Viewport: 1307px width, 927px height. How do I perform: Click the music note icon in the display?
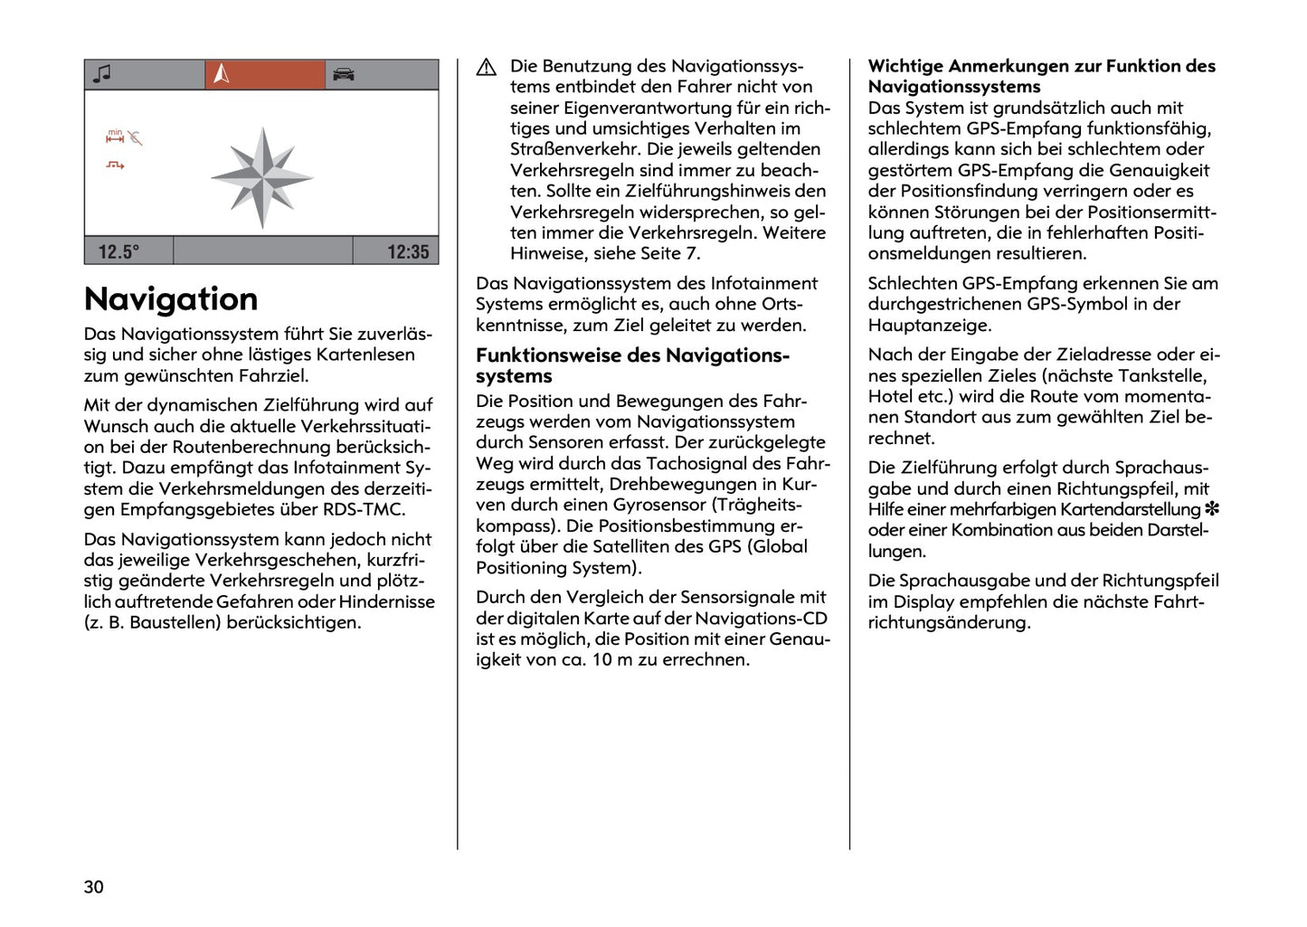[103, 74]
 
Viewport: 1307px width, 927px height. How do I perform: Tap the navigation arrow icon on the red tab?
[222, 74]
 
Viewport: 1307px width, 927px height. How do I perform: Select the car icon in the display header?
[343, 74]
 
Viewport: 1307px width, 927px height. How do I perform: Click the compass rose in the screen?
[262, 177]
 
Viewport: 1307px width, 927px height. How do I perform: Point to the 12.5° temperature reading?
[118, 251]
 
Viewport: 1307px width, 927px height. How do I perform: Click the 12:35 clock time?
[408, 251]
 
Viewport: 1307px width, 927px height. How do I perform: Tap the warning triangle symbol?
[487, 67]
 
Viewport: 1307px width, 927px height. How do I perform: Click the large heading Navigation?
[171, 299]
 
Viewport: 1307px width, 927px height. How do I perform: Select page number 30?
[94, 886]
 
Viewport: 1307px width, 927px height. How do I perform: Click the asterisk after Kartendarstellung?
[1212, 509]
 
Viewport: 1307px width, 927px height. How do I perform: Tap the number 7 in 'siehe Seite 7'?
[695, 253]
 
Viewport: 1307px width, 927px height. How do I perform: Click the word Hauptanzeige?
[930, 325]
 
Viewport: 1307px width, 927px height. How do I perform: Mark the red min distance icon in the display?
[115, 137]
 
